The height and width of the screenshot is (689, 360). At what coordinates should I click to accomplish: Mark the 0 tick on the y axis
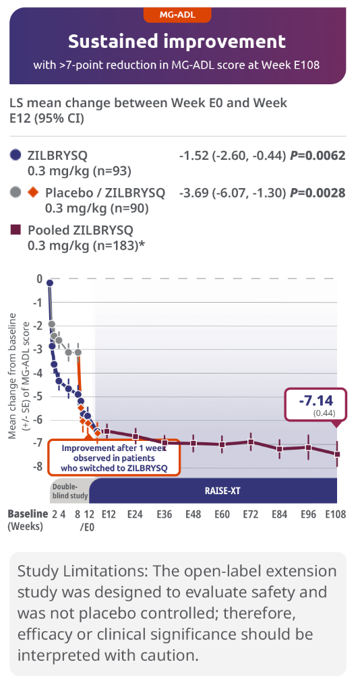point(40,279)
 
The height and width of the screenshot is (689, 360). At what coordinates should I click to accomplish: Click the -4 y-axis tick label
point(38,373)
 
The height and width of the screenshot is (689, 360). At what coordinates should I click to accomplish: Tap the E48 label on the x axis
point(193,514)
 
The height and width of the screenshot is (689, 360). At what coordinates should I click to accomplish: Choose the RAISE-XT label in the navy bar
point(222,491)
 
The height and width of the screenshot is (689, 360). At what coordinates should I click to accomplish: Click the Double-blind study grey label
point(69,491)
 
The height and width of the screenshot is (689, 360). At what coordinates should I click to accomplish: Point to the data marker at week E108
point(337,454)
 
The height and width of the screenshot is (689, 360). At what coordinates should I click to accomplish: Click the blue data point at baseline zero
point(49,283)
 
